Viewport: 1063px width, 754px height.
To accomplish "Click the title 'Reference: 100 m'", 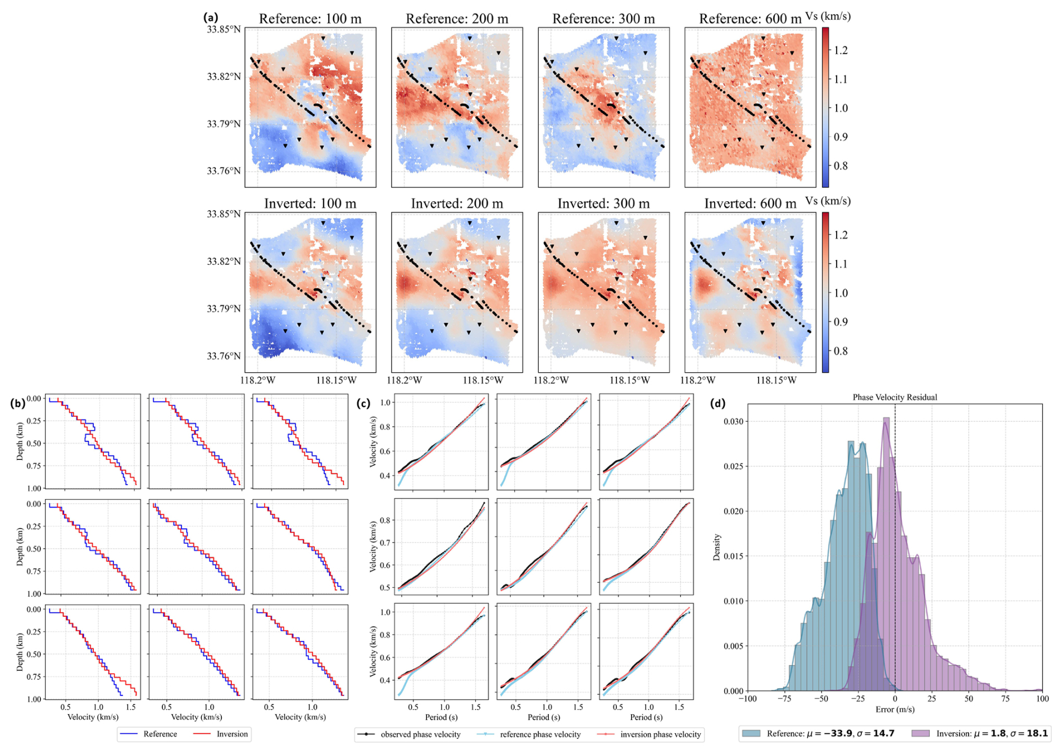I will pyautogui.click(x=310, y=19).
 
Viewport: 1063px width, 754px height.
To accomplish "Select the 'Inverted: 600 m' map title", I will pyautogui.click(x=750, y=204).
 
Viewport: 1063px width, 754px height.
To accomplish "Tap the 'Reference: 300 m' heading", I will pyautogui.click(x=603, y=19).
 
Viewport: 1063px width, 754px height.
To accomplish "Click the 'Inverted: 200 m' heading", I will pyautogui.click(x=457, y=204).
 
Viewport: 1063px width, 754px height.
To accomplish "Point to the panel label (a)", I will pyautogui.click(x=211, y=17).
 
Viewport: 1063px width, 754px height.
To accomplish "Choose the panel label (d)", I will pyautogui.click(x=718, y=403).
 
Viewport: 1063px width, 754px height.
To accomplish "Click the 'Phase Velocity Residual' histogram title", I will pyautogui.click(x=894, y=398).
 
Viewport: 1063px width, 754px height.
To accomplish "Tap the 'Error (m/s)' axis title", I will pyautogui.click(x=894, y=710).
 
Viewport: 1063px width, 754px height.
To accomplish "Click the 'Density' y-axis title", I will pyautogui.click(x=717, y=547).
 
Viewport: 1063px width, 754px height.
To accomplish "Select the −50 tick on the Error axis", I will pyautogui.click(x=821, y=699).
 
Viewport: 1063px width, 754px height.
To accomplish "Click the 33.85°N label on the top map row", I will pyautogui.click(x=224, y=29).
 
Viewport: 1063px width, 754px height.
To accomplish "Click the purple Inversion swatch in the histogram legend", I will pyautogui.click(x=920, y=734).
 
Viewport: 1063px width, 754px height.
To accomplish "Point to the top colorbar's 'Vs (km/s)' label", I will pyautogui.click(x=828, y=16).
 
